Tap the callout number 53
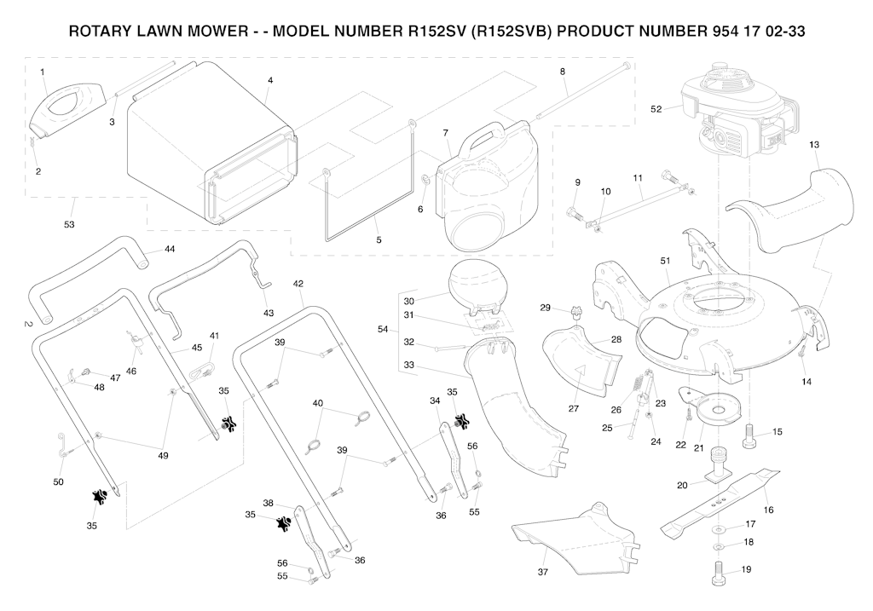(69, 225)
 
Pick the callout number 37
(542, 573)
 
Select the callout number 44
(170, 250)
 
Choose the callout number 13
(814, 145)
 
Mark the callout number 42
(298, 283)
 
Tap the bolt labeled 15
(751, 437)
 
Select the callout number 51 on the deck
(665, 259)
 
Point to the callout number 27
(574, 409)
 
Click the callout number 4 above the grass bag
(269, 80)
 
